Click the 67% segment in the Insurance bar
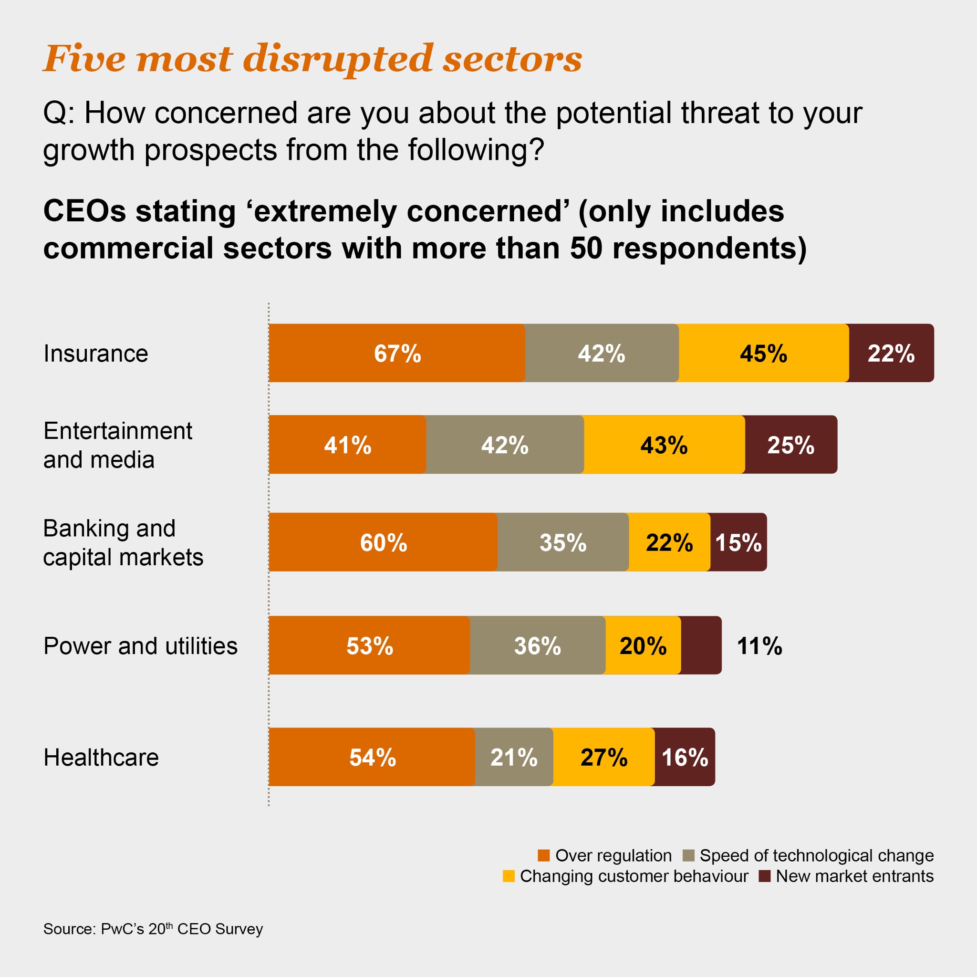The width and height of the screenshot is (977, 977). pos(397,353)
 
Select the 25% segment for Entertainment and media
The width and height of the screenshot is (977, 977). pos(790,445)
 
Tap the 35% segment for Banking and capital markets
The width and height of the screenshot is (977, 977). pos(563,542)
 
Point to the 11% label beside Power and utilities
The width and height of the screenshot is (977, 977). pos(759,646)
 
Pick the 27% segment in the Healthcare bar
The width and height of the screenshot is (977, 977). pos(604,757)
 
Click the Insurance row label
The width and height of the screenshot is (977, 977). pos(95,353)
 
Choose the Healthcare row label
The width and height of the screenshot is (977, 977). pos(101,757)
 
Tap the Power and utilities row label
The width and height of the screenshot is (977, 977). pos(140,646)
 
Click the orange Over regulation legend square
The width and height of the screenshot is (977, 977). pos(544,855)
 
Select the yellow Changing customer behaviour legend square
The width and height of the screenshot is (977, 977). pos(508,876)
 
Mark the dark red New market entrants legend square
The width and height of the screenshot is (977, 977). pos(765,876)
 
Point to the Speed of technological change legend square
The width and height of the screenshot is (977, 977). pos(688,855)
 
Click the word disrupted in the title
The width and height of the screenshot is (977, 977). pos(338,59)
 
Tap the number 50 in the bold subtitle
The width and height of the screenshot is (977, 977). pos(586,248)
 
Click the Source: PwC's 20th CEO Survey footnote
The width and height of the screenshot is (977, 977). pos(153,929)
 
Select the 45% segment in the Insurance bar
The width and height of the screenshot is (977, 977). pos(764,353)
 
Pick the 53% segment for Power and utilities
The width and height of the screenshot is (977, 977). pos(370,646)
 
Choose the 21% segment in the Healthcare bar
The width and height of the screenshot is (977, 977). pos(514,757)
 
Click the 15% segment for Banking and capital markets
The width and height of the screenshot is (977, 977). pos(738,542)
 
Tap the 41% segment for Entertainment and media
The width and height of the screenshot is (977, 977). pos(347,445)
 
